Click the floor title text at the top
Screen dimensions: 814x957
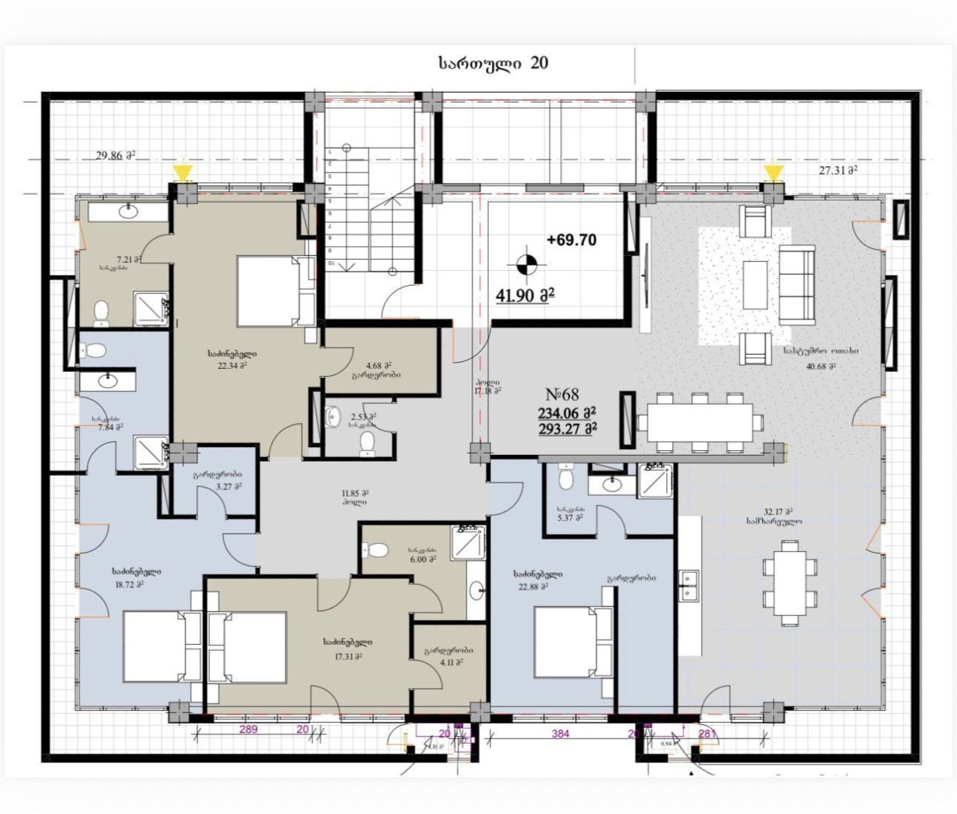pyautogui.click(x=493, y=64)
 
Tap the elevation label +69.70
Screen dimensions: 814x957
pyautogui.click(x=571, y=240)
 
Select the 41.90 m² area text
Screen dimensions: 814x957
pyautogui.click(x=525, y=296)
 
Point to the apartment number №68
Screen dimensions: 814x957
pyautogui.click(x=563, y=394)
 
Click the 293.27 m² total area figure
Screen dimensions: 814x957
pyautogui.click(x=566, y=429)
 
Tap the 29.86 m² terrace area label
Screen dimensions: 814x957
pyautogui.click(x=114, y=156)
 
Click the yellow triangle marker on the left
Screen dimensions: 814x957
pyautogui.click(x=182, y=174)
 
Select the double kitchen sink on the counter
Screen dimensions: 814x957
pyautogui.click(x=689, y=585)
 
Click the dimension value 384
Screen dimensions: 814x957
pyautogui.click(x=560, y=734)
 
